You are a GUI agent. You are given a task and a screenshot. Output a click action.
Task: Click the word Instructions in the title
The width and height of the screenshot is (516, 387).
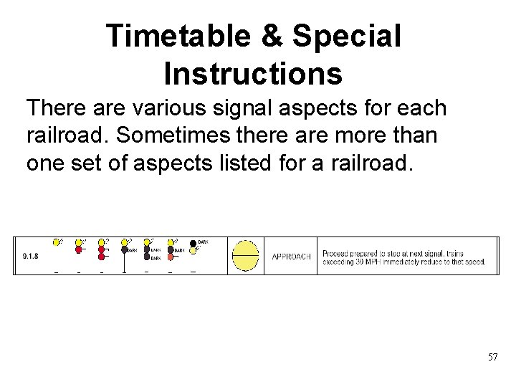pos(253,73)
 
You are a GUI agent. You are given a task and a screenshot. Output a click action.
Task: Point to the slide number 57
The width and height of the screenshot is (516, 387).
pos(492,356)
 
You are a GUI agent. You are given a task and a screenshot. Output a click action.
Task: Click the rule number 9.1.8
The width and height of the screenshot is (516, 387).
pos(29,255)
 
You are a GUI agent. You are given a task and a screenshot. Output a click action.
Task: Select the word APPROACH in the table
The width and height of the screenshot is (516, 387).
pos(291,257)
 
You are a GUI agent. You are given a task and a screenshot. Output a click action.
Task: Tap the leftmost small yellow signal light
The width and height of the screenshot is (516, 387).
pos(56,242)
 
